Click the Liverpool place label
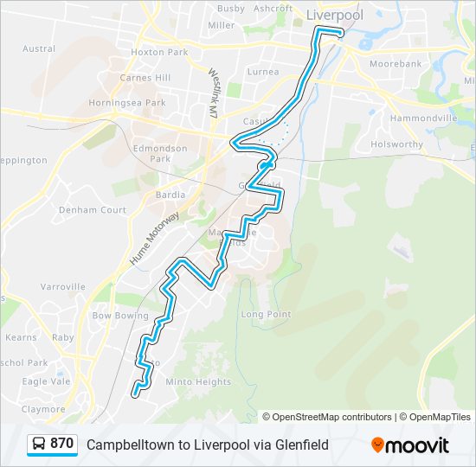point(335,15)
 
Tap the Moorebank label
point(396,64)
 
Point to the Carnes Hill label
point(146,78)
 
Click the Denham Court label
point(88,209)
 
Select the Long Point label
point(266,314)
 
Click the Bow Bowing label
point(120,317)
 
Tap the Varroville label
point(62,286)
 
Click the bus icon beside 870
point(39,445)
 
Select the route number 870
point(61,444)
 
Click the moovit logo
point(410,445)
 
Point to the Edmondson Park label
point(160,153)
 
